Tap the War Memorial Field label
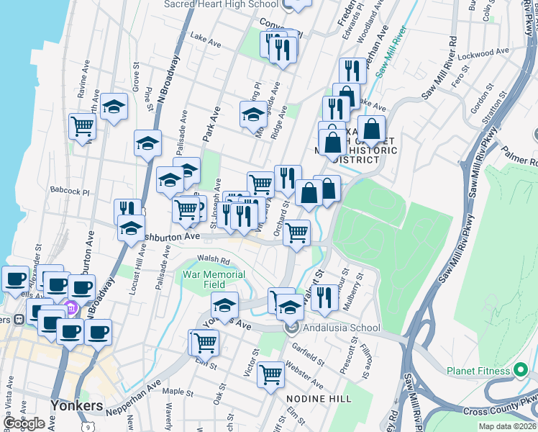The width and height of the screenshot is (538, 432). coord(214,279)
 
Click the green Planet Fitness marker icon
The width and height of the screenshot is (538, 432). coord(522,371)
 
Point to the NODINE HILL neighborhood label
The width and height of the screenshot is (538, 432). coord(319,398)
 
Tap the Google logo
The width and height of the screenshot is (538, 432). coord(24,423)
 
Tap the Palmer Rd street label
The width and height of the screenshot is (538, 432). coord(521,153)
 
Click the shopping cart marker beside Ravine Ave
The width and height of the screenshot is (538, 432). coord(83,127)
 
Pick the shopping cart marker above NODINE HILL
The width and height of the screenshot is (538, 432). coord(270,374)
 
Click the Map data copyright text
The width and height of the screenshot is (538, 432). coord(508,426)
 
